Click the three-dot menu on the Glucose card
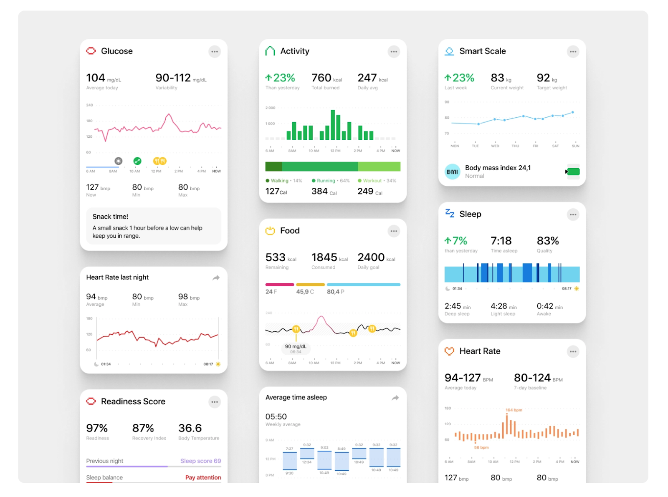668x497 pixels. (215, 52)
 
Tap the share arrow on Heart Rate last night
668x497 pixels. (216, 278)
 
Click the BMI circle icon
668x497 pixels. (452, 172)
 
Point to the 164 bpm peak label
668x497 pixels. (514, 410)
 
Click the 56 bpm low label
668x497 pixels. (481, 447)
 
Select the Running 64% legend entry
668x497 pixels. (331, 181)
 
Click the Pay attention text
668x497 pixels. (203, 477)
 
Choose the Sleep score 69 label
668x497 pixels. (200, 461)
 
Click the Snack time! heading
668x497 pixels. (110, 217)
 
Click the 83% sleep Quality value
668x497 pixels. (547, 241)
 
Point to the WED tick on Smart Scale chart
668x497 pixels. (495, 146)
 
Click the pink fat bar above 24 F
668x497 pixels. (279, 285)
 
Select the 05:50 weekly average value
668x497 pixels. (276, 416)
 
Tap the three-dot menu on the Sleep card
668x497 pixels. (573, 214)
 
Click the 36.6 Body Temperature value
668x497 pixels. (190, 428)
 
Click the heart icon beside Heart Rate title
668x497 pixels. (449, 351)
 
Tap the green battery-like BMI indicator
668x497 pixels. (573, 172)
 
